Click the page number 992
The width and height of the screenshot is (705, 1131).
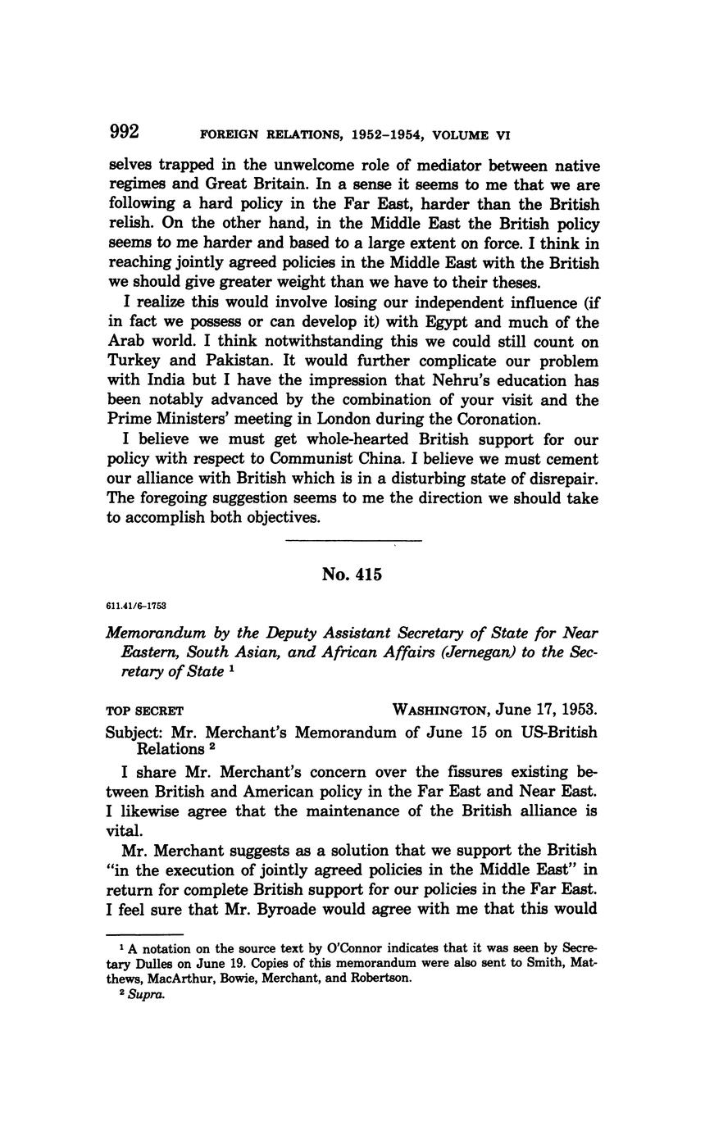pyautogui.click(x=124, y=133)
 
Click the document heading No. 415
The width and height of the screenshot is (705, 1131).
pyautogui.click(x=352, y=575)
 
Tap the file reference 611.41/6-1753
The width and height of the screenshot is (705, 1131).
pyautogui.click(x=137, y=606)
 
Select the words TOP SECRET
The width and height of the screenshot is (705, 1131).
pyautogui.click(x=145, y=710)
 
